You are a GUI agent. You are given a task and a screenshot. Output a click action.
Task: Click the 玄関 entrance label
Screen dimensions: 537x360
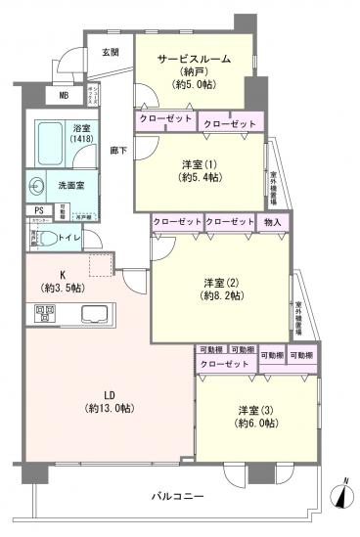point(110,52)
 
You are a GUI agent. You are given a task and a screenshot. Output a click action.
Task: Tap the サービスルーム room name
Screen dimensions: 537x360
point(195,59)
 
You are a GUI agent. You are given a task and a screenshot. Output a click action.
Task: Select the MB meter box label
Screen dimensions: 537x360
point(64,95)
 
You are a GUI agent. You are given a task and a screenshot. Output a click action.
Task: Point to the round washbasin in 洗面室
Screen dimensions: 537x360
point(38,182)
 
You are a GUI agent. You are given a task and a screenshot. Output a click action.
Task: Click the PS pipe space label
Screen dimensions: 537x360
point(39,209)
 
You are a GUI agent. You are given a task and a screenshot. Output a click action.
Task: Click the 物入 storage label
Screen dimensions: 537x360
point(273,222)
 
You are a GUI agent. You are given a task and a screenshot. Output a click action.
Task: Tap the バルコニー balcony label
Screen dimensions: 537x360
point(178,497)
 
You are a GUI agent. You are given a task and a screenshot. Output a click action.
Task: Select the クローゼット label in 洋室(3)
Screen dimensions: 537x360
point(223,364)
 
